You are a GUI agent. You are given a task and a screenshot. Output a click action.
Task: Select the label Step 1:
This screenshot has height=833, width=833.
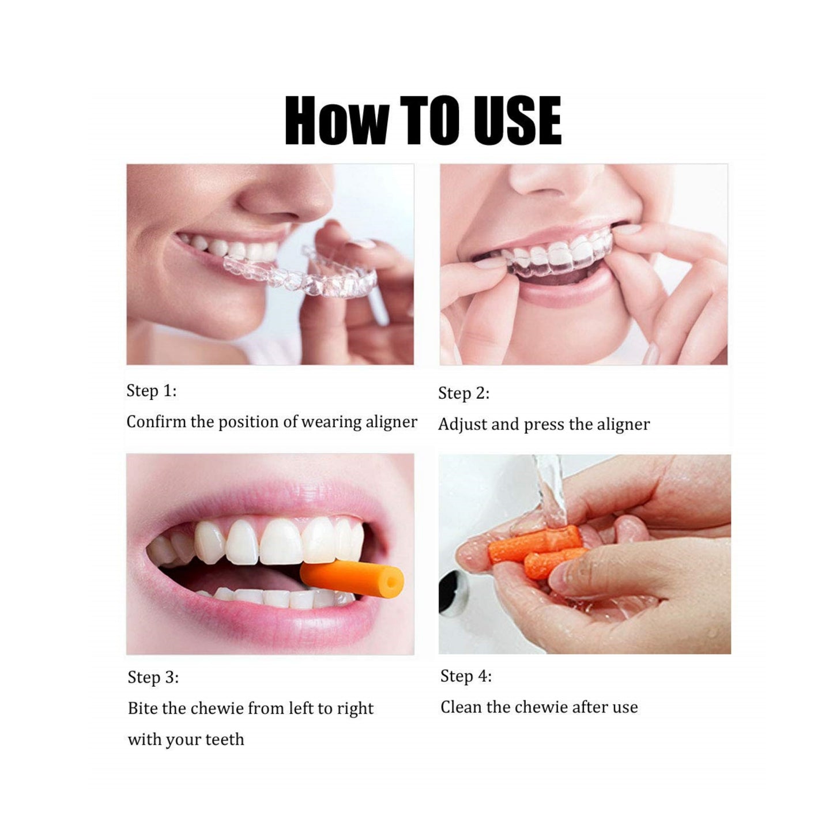152,391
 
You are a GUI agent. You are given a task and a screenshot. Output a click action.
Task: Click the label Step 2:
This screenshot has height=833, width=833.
464,394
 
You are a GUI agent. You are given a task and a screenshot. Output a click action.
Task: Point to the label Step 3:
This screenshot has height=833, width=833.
153,677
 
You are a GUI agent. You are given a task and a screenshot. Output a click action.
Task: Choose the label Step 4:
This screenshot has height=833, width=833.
466,676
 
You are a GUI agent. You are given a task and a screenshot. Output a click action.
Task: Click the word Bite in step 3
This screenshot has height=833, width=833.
143,708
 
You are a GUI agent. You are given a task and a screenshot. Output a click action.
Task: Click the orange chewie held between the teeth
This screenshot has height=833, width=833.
352,580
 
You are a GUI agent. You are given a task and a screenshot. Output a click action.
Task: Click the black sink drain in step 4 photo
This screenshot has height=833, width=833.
453,591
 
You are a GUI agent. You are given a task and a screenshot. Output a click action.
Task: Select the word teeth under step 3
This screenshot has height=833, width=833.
224,740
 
